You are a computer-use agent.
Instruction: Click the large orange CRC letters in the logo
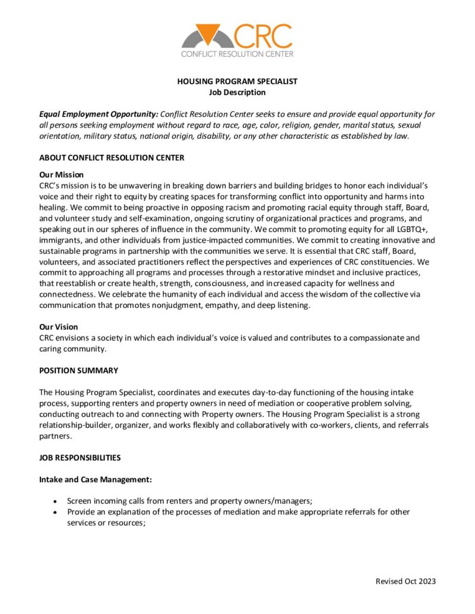pos(263,36)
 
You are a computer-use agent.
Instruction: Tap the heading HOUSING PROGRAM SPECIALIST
pos(237,81)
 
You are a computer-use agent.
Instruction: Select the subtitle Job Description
pos(237,92)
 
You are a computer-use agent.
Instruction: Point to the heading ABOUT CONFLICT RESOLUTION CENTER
pos(112,158)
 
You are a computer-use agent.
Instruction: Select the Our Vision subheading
pos(58,327)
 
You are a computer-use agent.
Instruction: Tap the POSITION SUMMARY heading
pos(78,370)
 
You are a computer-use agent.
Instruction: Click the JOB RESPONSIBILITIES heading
pos(80,458)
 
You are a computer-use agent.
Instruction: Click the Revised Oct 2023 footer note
pos(406,581)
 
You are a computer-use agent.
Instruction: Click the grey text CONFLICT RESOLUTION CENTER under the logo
pos(237,54)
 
